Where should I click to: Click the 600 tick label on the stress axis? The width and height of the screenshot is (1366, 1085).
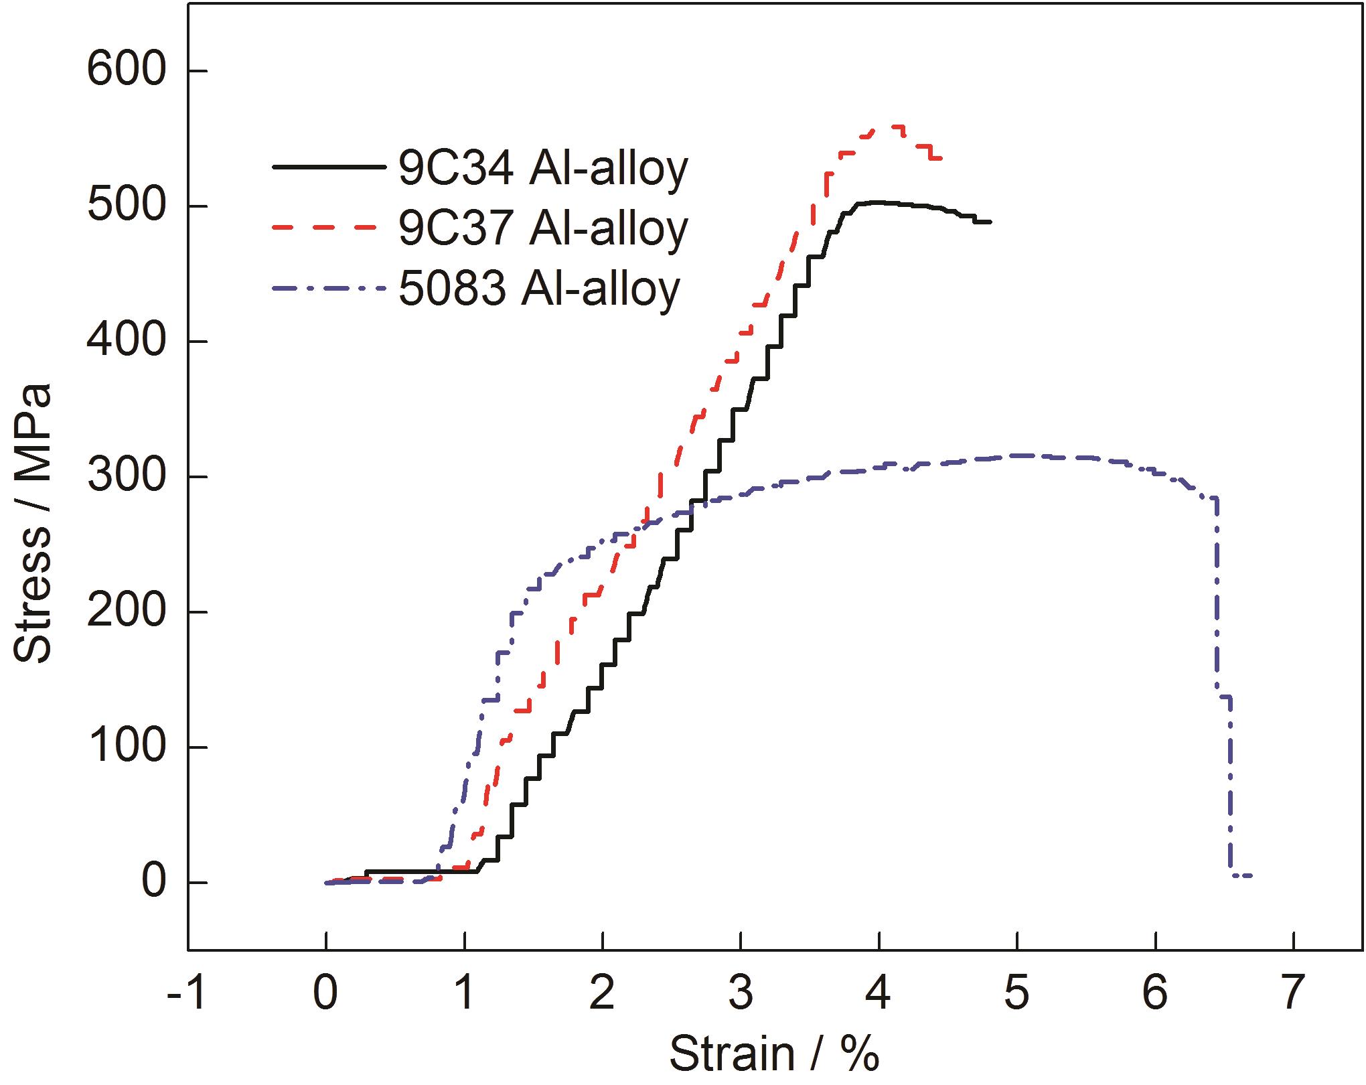tap(126, 71)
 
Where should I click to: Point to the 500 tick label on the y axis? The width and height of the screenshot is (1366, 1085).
tap(126, 206)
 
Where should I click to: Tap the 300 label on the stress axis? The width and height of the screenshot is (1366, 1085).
tap(126, 477)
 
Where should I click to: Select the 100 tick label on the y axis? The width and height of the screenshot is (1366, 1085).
tap(126, 747)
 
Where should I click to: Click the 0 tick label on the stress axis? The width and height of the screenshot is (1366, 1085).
tap(154, 883)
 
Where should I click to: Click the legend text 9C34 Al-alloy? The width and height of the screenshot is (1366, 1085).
tap(542, 168)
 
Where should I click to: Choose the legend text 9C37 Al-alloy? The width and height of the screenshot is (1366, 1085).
tap(542, 228)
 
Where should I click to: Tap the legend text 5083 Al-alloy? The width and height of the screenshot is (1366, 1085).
tap(539, 289)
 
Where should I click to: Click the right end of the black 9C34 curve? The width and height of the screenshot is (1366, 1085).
tap(990, 222)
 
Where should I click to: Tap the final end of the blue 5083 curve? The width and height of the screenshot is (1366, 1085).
tap(1249, 875)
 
